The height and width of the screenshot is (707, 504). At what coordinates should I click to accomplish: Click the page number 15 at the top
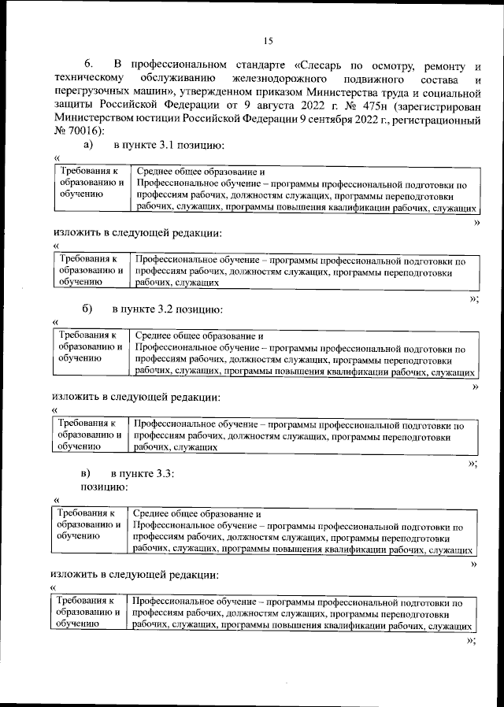tap(267, 42)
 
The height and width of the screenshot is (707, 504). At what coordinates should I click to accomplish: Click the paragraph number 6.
tap(88, 64)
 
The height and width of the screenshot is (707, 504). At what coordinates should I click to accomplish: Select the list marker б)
tap(87, 308)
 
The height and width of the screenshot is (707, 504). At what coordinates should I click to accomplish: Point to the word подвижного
tap(374, 80)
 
